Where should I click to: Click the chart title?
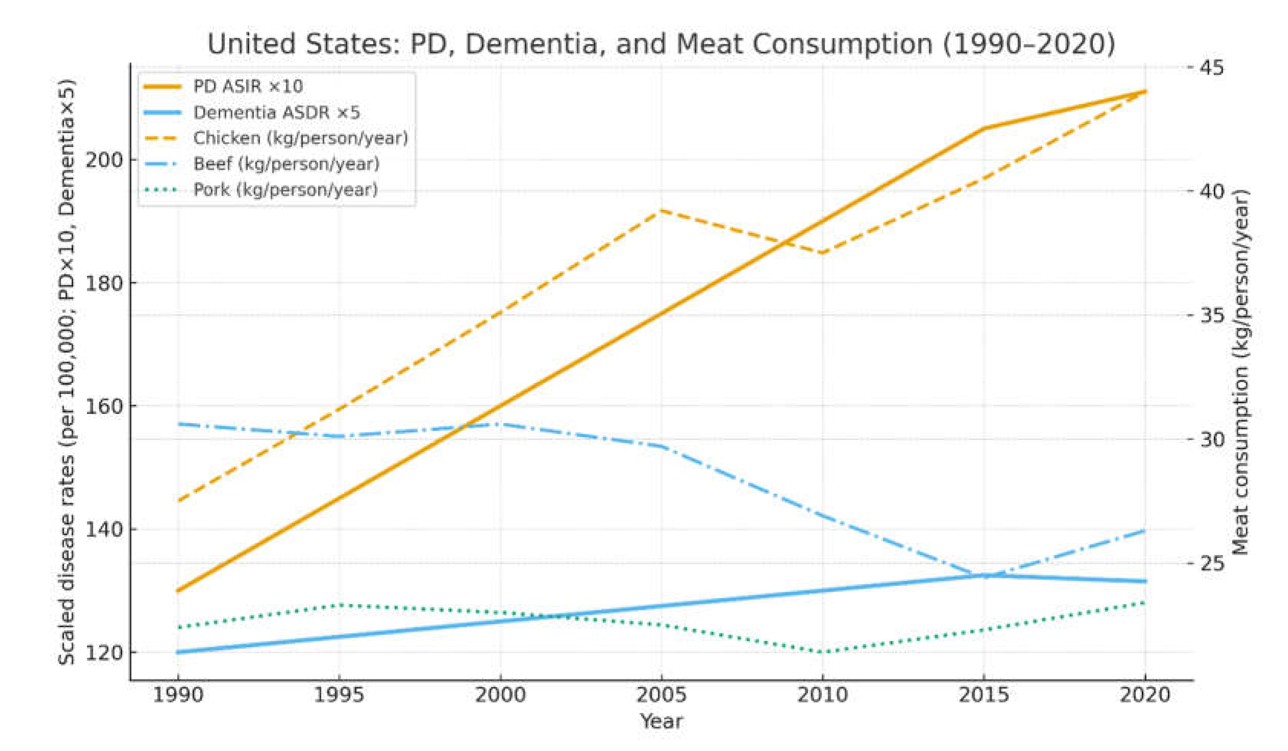(x=661, y=44)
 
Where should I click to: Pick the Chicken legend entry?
(x=301, y=138)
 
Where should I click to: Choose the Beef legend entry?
(x=286, y=164)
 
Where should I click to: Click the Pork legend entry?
(x=285, y=190)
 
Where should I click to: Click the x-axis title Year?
(x=661, y=722)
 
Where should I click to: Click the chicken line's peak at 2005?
(x=661, y=210)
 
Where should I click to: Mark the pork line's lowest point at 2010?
(x=822, y=652)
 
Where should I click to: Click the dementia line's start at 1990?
(x=178, y=652)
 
